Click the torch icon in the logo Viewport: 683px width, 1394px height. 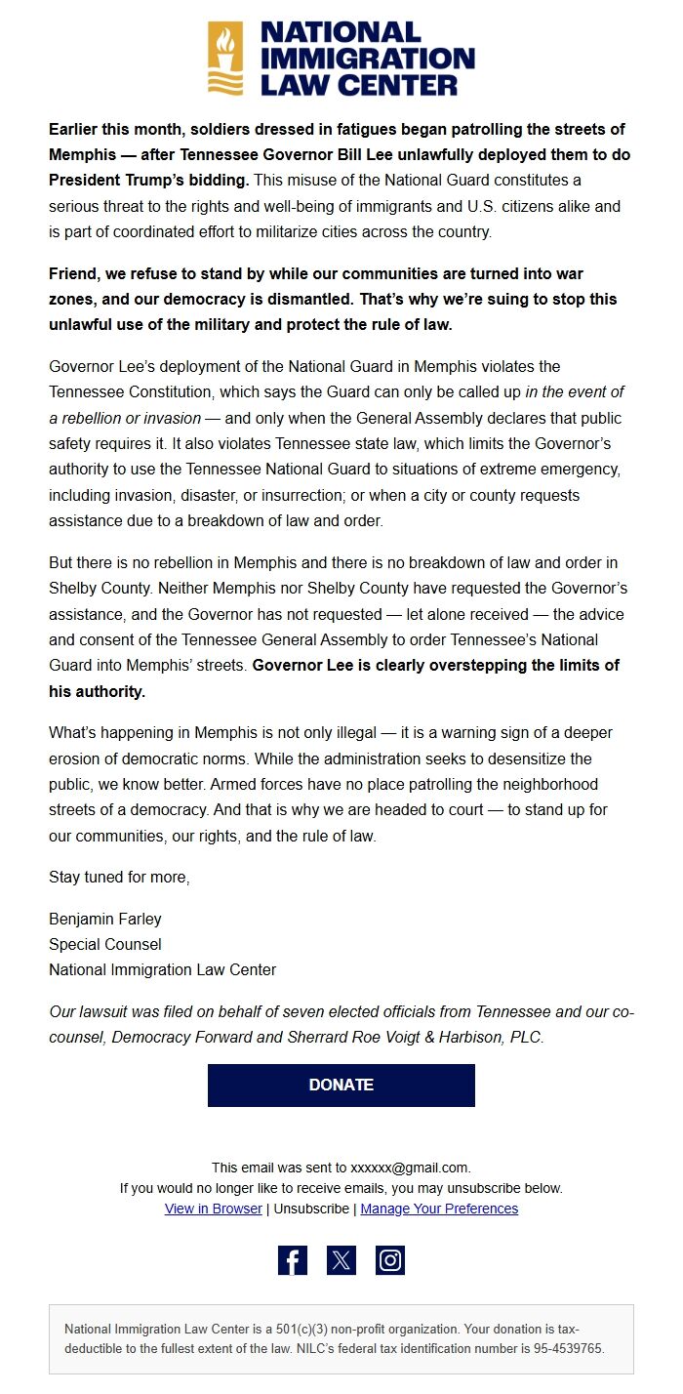click(x=225, y=59)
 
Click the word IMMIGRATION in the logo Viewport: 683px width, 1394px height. click(x=367, y=59)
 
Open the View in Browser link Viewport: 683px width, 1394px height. click(x=214, y=1209)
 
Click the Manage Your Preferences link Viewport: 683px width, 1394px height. click(x=439, y=1209)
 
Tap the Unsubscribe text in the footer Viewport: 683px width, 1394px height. click(x=311, y=1209)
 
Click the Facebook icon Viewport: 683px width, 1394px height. click(x=293, y=1260)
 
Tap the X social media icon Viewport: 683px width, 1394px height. click(x=341, y=1260)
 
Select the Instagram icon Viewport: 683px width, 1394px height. click(x=390, y=1260)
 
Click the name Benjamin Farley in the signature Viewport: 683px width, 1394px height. click(x=105, y=919)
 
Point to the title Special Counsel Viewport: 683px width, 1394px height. click(x=105, y=944)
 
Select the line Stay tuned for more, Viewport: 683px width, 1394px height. click(x=119, y=877)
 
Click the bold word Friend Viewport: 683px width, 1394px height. click(x=74, y=273)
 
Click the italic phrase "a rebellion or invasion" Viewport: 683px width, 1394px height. click(x=125, y=418)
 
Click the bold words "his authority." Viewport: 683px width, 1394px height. click(x=97, y=691)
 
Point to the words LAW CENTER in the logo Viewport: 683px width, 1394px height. click(x=358, y=85)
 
